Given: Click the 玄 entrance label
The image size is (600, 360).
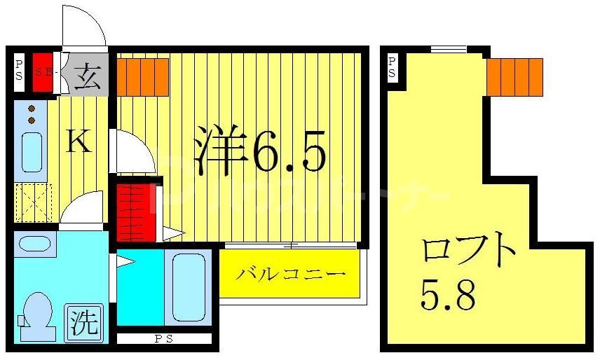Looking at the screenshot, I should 88,74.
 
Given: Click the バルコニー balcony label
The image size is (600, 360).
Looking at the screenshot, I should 289,273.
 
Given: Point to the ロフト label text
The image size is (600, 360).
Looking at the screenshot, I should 469,251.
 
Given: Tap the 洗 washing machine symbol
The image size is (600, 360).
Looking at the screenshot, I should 83,323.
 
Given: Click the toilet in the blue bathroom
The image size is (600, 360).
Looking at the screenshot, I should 38,317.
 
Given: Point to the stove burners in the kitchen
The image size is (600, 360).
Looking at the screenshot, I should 32,114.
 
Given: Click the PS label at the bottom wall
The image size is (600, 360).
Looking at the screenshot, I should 163,340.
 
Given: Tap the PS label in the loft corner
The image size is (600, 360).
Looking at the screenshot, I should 392,68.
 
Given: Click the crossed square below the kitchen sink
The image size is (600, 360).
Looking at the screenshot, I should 34,202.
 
